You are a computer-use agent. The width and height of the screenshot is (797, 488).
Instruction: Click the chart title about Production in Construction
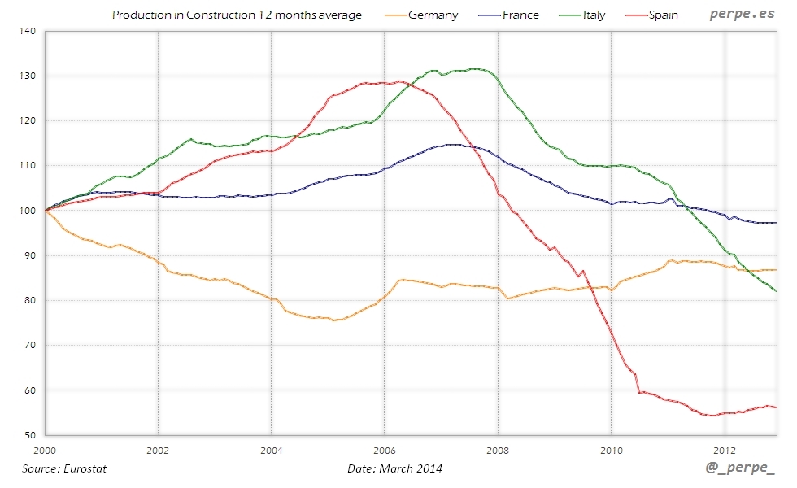click(x=237, y=15)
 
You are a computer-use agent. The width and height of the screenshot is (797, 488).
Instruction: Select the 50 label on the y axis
click(x=29, y=435)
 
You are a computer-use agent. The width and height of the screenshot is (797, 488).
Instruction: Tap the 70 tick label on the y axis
click(x=29, y=346)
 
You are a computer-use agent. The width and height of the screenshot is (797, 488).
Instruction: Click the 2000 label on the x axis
click(x=45, y=448)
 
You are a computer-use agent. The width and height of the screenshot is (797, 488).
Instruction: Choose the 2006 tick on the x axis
click(x=385, y=448)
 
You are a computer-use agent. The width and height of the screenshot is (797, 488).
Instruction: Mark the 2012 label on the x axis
click(x=725, y=448)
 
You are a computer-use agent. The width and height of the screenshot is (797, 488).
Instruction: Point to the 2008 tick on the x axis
click(x=498, y=448)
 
